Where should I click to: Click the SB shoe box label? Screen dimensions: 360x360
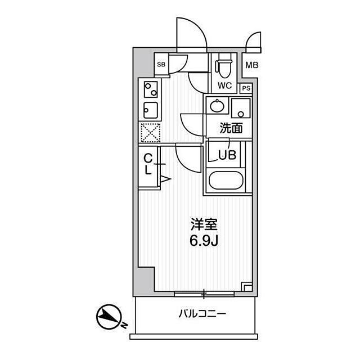161,65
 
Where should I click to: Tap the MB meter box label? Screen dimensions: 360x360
252,65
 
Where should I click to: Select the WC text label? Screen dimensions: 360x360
225,85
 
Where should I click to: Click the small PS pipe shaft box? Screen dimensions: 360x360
246,88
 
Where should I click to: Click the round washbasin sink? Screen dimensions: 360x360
217,106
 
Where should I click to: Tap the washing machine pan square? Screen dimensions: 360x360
241,108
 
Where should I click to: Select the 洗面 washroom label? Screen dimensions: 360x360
231,128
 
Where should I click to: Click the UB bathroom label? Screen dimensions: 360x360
227,155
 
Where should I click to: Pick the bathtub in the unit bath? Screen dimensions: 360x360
226,180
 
